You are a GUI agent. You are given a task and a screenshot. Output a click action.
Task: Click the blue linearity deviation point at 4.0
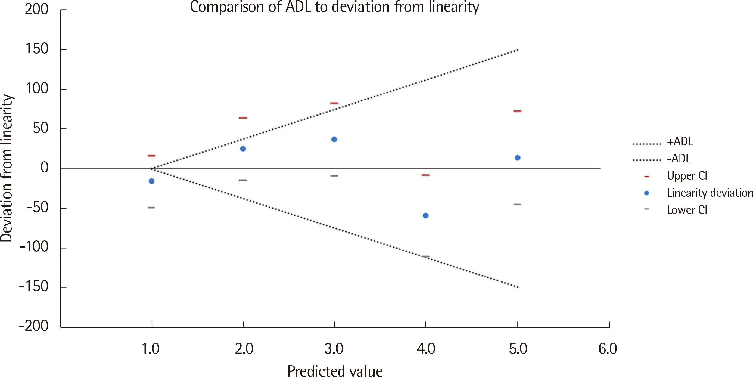pyautogui.click(x=425, y=215)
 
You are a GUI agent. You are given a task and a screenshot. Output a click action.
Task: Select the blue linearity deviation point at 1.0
pyautogui.click(x=152, y=181)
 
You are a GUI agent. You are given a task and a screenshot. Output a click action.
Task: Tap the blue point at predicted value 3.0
pyautogui.click(x=334, y=139)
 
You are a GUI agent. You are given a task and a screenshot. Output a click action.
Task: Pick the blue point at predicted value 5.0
pyautogui.click(x=518, y=158)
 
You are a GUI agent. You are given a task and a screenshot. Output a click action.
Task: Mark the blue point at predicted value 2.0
pyautogui.click(x=243, y=149)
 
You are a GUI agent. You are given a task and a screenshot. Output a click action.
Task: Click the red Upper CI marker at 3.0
pyautogui.click(x=334, y=104)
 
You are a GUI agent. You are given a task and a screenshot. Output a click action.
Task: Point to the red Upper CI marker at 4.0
pyautogui.click(x=425, y=175)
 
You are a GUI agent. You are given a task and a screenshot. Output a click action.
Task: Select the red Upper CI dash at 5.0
pyautogui.click(x=518, y=111)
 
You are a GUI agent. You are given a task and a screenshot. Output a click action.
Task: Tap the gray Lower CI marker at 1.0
pyautogui.click(x=151, y=208)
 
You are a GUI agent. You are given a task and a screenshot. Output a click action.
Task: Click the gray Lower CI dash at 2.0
pyautogui.click(x=243, y=180)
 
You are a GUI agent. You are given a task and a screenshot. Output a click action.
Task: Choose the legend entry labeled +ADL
pyautogui.click(x=680, y=141)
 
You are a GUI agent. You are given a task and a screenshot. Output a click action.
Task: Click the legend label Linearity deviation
pyautogui.click(x=710, y=193)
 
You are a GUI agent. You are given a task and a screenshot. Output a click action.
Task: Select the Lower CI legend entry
pyautogui.click(x=687, y=210)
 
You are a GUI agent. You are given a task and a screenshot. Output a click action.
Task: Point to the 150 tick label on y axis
pyautogui.click(x=37, y=49)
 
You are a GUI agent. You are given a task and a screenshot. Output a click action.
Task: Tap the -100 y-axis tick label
pyautogui.click(x=34, y=247)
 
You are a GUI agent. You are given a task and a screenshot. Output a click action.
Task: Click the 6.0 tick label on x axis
pyautogui.click(x=608, y=349)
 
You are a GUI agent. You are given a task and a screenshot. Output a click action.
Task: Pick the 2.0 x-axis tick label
pyautogui.click(x=244, y=349)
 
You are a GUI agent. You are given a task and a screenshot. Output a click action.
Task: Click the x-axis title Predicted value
pyautogui.click(x=335, y=371)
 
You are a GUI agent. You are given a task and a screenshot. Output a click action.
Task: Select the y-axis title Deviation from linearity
pyautogui.click(x=7, y=168)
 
